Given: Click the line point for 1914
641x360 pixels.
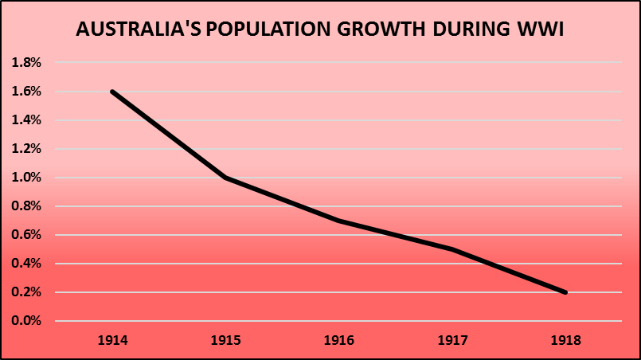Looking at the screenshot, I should (112, 92).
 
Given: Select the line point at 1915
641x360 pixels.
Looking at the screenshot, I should (225, 178).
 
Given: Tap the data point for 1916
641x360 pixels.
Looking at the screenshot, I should (339, 221).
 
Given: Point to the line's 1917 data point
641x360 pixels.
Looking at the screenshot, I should (452, 249).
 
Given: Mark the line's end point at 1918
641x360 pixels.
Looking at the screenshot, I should (565, 292).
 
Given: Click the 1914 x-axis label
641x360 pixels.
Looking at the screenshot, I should (112, 340).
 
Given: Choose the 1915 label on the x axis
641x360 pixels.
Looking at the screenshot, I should (225, 340).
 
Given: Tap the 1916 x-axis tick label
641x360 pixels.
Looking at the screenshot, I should (339, 340).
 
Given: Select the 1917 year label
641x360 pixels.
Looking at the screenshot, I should (452, 340).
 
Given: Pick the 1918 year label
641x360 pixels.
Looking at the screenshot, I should (565, 340).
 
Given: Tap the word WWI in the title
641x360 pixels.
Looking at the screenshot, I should (543, 31).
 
